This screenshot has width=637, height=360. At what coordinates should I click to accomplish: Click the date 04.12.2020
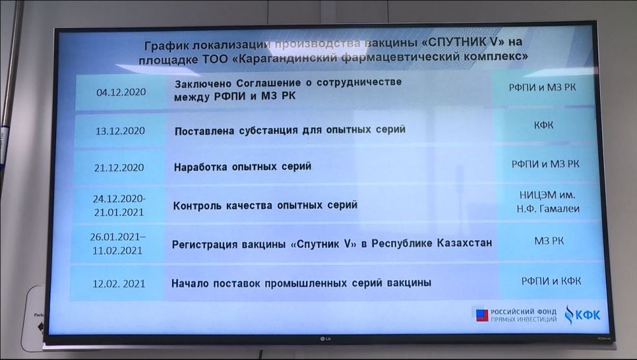pos(121,92)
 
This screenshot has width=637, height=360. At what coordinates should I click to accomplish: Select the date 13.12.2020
pos(120,131)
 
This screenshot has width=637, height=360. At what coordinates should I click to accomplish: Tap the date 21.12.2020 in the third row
pos(119,168)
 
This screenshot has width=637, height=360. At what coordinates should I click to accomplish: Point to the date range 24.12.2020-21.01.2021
pos(119,205)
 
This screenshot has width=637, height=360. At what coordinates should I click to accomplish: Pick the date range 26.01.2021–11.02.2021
pos(117,243)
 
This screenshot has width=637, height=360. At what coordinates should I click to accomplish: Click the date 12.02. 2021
pos(118,284)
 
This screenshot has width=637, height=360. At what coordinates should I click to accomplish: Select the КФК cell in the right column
pos(543,125)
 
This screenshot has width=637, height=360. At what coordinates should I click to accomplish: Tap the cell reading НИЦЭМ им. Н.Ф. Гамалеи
pos(548,202)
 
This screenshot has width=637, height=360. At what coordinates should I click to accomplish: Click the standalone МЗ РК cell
pos(549,241)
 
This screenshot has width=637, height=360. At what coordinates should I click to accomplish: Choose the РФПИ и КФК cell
pos(551,281)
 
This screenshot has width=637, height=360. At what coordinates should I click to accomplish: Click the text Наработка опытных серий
pos(243,166)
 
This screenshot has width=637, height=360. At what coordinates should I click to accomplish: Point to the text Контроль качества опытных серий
pos(265,205)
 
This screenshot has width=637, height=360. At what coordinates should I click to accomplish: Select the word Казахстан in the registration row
pos(464,243)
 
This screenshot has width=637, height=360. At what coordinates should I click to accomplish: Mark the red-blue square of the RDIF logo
pos(482,315)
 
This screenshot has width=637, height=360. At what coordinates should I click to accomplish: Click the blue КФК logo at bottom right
pos(582,315)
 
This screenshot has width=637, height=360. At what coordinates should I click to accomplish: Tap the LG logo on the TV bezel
pos(325,339)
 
